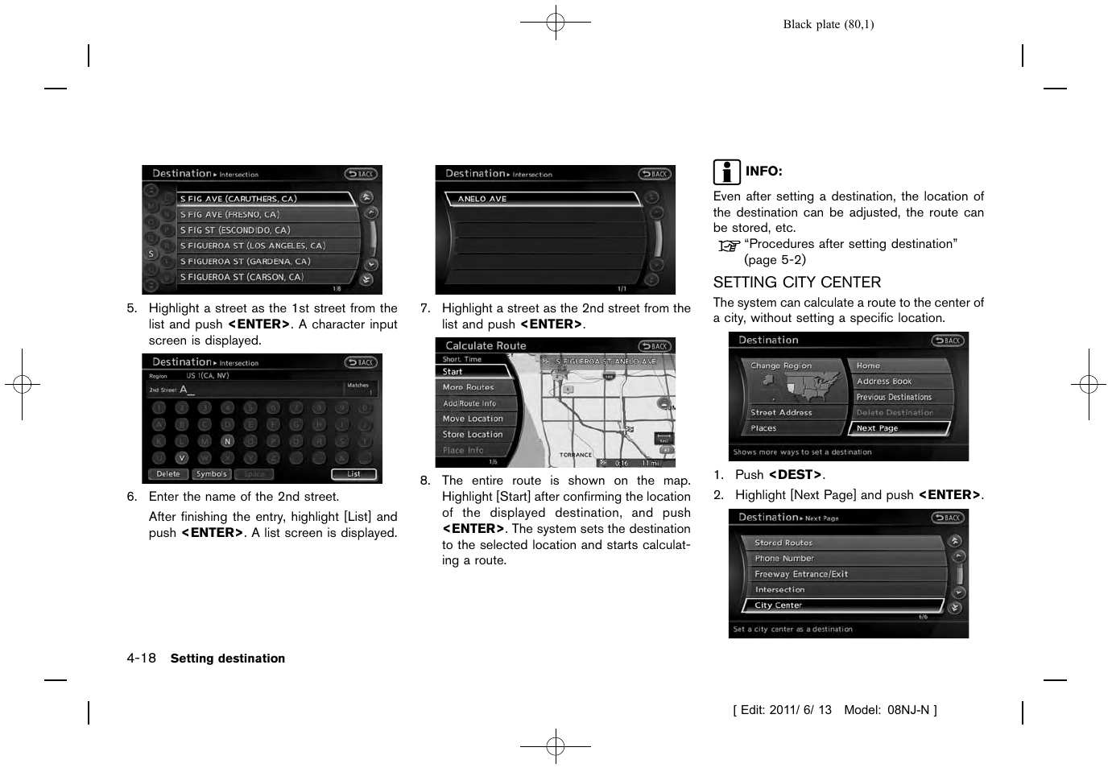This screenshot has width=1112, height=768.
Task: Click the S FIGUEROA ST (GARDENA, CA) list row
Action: [x=266, y=262]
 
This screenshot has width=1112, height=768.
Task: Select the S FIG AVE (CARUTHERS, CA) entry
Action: [x=266, y=199]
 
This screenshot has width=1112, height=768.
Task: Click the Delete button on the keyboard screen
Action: [x=168, y=474]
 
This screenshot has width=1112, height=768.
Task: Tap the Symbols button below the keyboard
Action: [x=211, y=474]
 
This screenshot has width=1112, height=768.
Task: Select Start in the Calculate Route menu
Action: [x=475, y=372]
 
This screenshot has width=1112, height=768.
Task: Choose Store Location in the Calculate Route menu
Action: [x=475, y=435]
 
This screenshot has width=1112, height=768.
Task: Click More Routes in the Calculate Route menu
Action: [x=475, y=387]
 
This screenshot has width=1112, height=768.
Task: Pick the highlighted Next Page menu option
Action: [x=900, y=428]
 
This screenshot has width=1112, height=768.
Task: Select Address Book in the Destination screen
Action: [x=900, y=382]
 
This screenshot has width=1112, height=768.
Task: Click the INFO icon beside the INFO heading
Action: [x=726, y=172]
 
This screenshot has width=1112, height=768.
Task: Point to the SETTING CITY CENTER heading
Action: [x=796, y=283]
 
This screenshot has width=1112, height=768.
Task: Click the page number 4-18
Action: [x=141, y=659]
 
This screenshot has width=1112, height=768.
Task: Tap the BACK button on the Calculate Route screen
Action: [x=655, y=346]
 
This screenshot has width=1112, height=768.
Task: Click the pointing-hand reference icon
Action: [x=729, y=246]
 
